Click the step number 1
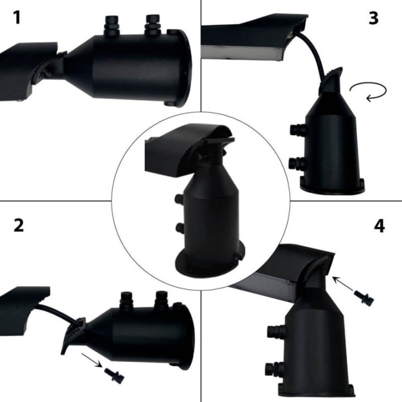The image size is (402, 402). point(17,18)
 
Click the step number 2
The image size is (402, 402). point(18,226)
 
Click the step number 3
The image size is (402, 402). point(374,18)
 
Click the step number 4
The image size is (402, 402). point(380,226)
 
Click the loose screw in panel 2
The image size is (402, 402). point(114,374)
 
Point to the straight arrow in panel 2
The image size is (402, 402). point(92,360)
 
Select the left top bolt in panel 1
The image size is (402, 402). point(112,25)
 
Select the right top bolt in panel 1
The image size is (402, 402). point(153,25)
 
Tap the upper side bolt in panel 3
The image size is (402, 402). point(298,129)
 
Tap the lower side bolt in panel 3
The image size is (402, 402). point(298,163)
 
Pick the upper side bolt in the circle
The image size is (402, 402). point(179,198)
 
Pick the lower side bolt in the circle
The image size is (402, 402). point(180,227)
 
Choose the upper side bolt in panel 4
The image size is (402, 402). point(276,332)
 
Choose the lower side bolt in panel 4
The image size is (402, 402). point(274,369)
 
